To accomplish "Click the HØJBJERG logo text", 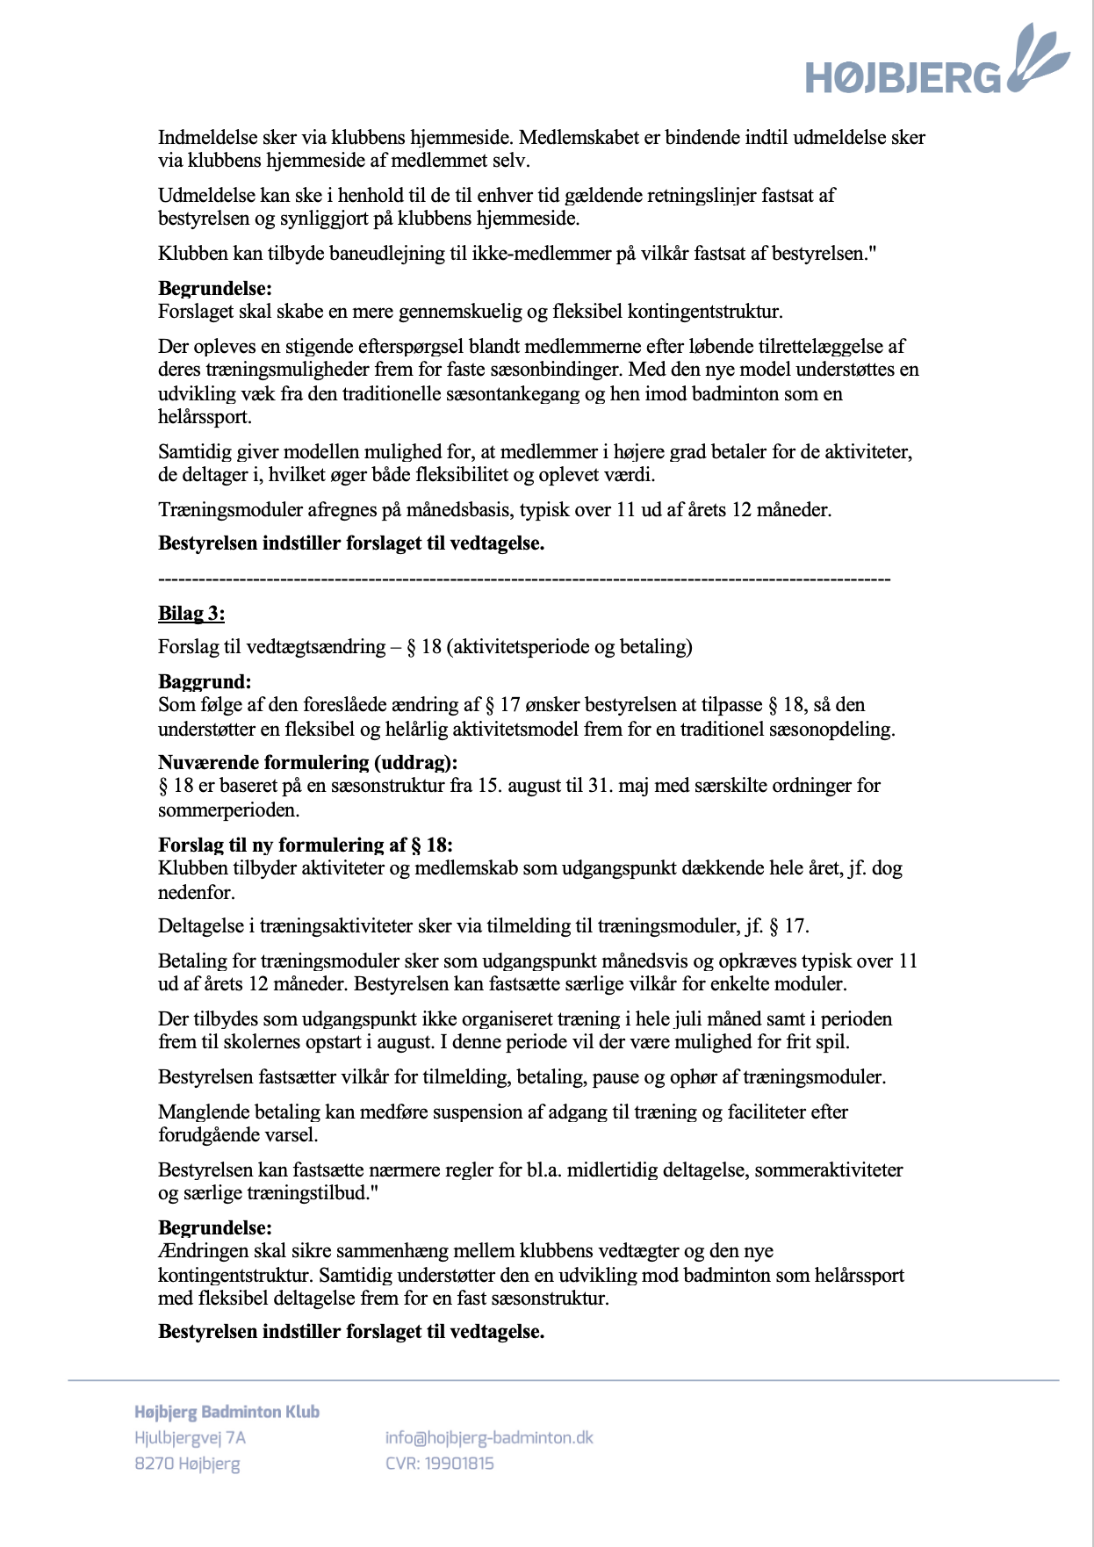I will [x=903, y=77].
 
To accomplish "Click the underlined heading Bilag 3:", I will [x=191, y=613].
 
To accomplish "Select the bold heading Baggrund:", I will [x=205, y=681].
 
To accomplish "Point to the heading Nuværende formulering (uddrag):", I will [x=307, y=762].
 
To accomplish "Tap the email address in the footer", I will [x=489, y=1437].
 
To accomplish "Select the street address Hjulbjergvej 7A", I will [x=190, y=1437].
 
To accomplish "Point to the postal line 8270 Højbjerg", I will [x=187, y=1463].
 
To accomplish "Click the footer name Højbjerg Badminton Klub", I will [x=227, y=1412].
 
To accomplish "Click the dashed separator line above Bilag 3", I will [x=524, y=579].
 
